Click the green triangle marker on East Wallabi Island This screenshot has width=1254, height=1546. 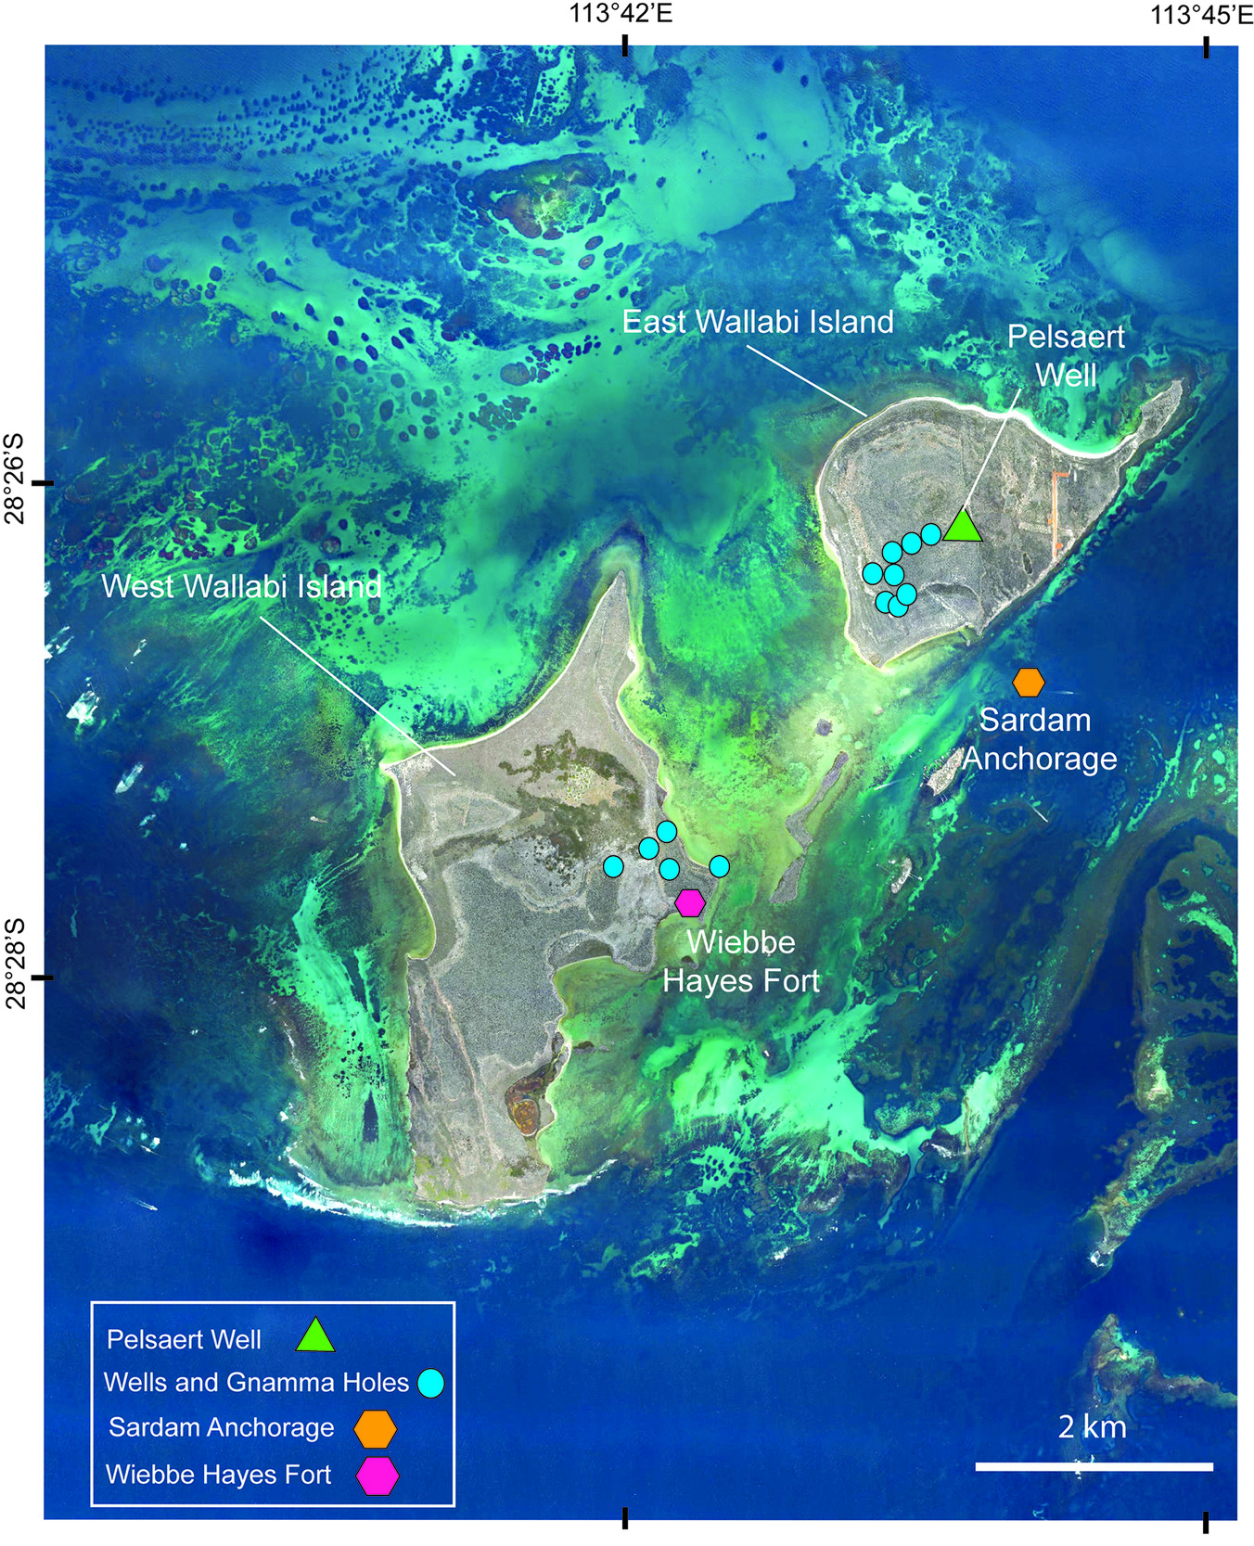(x=963, y=528)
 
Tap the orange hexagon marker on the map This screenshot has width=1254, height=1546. (x=1028, y=683)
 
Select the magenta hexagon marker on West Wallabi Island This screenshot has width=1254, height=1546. (x=690, y=902)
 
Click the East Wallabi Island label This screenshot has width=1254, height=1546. (x=758, y=322)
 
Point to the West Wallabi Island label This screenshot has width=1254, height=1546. (x=241, y=586)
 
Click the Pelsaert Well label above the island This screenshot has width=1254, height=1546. (x=1066, y=355)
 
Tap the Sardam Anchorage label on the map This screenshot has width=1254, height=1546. (x=1039, y=739)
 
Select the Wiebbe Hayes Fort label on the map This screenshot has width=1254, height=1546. (x=741, y=962)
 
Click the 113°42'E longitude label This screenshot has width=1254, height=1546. (x=621, y=14)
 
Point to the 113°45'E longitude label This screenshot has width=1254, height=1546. (x=1202, y=14)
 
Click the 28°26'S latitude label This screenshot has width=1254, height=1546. (x=15, y=479)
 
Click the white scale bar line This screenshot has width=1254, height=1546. (x=1094, y=1466)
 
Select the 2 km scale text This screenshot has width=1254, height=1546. (x=1093, y=1426)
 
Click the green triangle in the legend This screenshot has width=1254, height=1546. (x=315, y=1335)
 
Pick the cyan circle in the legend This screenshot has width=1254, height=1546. (x=430, y=1384)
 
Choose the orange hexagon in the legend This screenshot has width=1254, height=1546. (x=376, y=1429)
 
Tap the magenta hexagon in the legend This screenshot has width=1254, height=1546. (x=378, y=1476)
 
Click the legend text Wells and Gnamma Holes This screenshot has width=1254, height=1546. (x=256, y=1383)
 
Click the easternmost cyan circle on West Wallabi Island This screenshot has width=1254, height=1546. (x=719, y=866)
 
